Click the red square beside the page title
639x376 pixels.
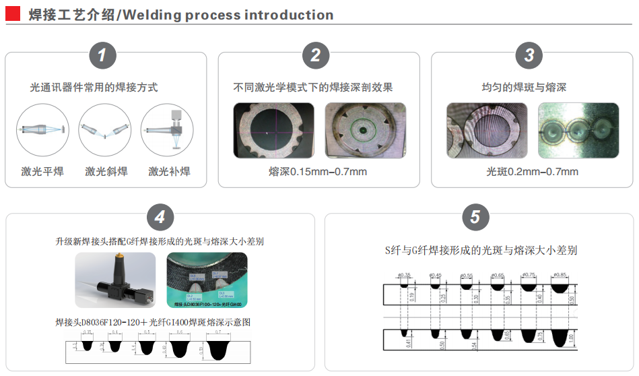(x=13, y=14)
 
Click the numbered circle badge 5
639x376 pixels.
(x=475, y=217)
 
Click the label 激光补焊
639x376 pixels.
(x=169, y=171)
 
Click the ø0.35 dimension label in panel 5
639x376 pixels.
(x=404, y=276)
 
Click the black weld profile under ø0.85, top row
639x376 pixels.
(x=560, y=287)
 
